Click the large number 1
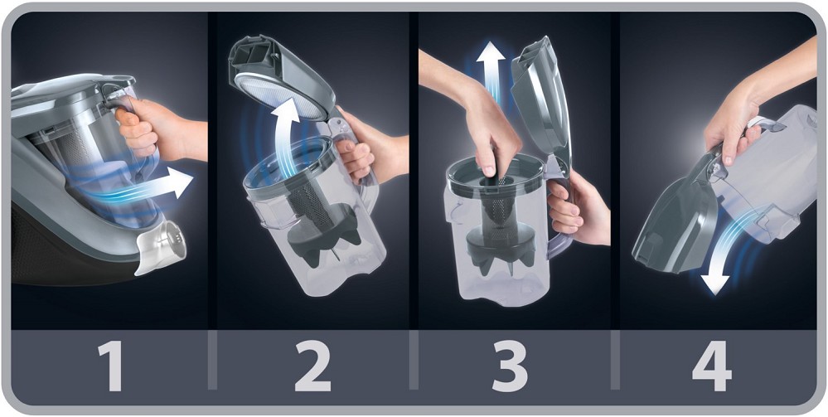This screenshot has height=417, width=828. pyautogui.click(x=111, y=366)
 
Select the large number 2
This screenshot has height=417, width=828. pyautogui.click(x=312, y=366)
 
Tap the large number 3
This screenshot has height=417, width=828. pyautogui.click(x=510, y=366)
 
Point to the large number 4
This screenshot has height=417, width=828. pyautogui.click(x=712, y=366)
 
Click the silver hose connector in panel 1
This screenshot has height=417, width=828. pyautogui.click(x=161, y=246)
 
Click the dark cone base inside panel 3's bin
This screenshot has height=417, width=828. pyautogui.click(x=498, y=249)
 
